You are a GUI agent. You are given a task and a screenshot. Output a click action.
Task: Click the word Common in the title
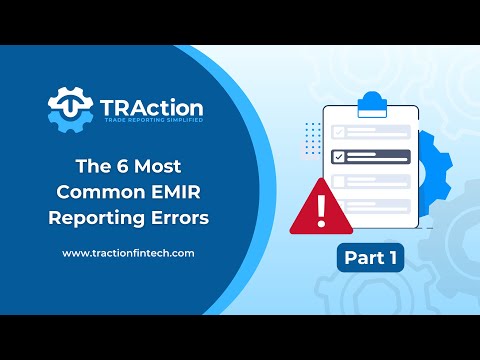[97, 191]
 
